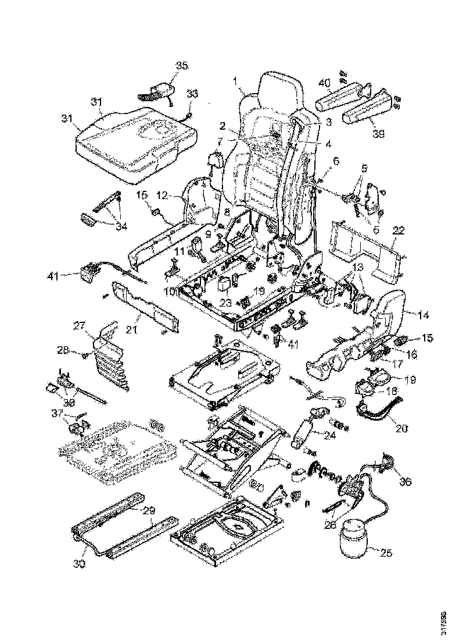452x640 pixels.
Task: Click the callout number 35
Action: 182,66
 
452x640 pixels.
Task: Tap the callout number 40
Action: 324,83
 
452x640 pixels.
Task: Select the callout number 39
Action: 379,134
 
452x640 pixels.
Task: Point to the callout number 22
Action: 399,231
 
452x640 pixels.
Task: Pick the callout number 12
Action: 163,195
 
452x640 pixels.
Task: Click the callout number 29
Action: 149,510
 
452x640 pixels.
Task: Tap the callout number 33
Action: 192,94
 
